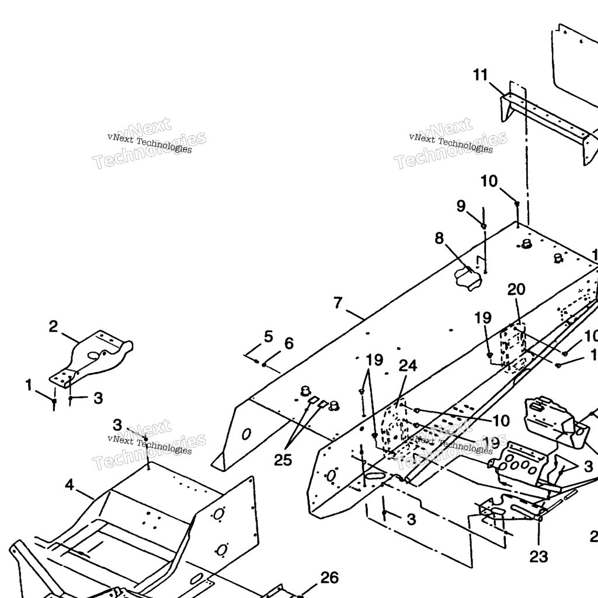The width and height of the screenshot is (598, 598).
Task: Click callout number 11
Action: point(480,75)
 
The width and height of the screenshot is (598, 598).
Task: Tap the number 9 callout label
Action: point(461,206)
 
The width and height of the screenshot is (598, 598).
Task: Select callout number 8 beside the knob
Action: point(439,238)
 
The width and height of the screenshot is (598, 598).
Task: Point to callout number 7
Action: point(338,303)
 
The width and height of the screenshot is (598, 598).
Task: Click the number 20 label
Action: point(516,290)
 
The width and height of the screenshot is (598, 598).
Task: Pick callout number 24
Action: point(408,366)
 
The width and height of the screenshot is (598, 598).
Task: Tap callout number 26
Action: point(330,578)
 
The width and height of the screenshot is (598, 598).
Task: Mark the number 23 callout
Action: point(538,557)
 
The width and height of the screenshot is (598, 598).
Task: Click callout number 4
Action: point(69,485)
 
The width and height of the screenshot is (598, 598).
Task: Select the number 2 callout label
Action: point(53,326)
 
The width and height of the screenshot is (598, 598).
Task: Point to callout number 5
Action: point(268,336)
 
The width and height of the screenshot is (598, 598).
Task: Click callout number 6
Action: point(288,343)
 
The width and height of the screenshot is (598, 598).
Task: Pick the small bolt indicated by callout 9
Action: point(484,226)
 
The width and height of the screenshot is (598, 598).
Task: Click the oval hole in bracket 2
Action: point(93,354)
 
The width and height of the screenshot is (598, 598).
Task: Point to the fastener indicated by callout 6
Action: point(265,365)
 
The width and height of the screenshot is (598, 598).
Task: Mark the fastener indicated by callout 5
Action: point(257,361)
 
